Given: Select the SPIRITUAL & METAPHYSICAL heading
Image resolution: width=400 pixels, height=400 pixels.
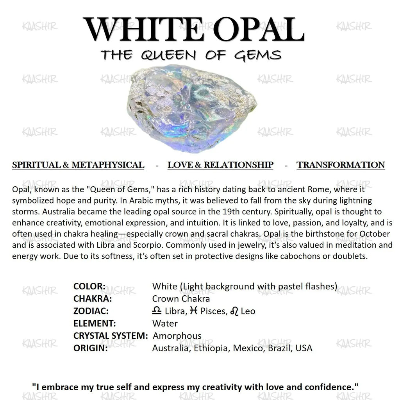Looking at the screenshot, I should [78, 165].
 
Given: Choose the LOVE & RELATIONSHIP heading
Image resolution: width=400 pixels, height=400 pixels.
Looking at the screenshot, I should [220, 165].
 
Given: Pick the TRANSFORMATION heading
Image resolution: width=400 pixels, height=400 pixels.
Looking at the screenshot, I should [341, 165].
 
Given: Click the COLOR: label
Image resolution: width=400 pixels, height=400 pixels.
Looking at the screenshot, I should [89, 286].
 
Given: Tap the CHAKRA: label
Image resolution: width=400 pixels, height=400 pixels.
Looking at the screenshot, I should [93, 299].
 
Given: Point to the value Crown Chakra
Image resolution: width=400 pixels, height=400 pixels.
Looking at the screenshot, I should [181, 299].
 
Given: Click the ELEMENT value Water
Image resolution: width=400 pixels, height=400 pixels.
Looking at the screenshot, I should [165, 323].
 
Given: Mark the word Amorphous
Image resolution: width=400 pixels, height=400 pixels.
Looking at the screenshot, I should [177, 336].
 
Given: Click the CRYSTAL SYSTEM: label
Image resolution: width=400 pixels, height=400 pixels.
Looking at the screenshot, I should [111, 336].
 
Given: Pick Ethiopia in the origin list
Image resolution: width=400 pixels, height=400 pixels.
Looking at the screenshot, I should [211, 348].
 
